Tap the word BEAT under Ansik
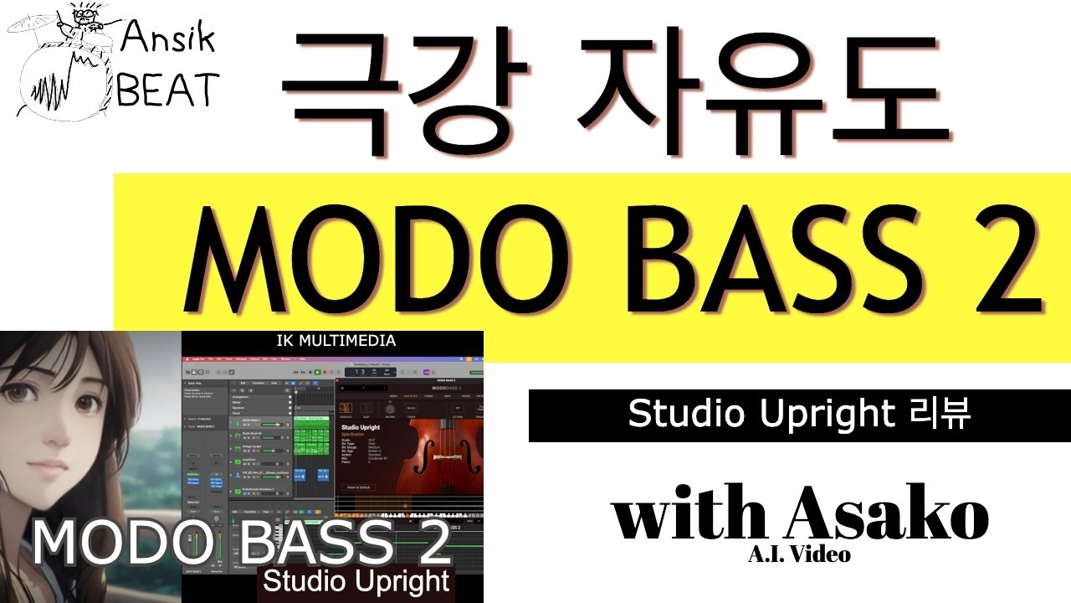point(167,89)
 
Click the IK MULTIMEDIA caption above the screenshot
point(336,341)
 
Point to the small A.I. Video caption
point(799,554)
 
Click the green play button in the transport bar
point(317,371)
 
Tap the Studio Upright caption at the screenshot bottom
point(358,580)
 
